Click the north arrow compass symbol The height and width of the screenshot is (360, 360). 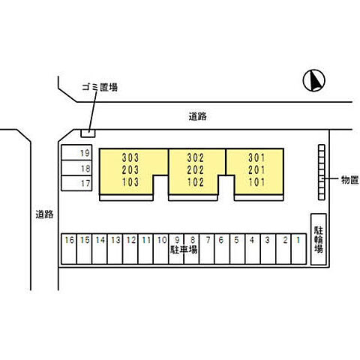314,80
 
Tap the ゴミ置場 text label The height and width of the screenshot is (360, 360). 100,87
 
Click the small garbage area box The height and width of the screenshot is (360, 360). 88,133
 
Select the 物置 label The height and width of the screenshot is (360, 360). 350,179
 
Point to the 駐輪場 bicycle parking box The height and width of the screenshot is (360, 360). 319,239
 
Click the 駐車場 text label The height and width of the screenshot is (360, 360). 184,249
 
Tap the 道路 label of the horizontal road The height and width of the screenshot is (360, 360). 197,116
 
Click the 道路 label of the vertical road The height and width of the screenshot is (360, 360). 44,214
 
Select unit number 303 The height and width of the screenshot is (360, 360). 130,157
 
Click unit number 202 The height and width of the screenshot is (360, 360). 196,170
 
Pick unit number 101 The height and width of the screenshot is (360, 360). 256,182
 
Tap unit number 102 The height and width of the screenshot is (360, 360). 196,182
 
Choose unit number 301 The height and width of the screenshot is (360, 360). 256,157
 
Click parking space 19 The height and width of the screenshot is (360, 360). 76,152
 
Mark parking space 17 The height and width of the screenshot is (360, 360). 76,183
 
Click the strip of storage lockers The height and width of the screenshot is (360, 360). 322,172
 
